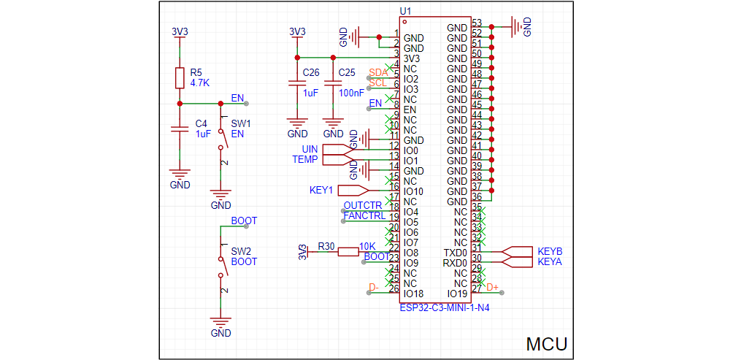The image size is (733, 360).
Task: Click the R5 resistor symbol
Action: pos(180,78)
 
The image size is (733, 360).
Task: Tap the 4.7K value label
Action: pos(200,83)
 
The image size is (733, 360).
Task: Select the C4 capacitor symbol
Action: pos(180,129)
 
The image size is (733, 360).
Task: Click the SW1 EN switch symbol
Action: pos(221,139)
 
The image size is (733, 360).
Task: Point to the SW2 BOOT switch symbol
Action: pos(221,267)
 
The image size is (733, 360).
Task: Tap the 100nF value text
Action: pos(352,93)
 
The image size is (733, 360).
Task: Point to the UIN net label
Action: pos(310,150)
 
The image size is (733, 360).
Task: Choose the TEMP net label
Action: pos(305,159)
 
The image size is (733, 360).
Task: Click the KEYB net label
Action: pos(550,251)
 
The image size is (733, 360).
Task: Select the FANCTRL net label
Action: pos(364,215)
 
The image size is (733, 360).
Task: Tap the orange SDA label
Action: pos(378,72)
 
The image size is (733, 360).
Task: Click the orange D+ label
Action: pos(493,287)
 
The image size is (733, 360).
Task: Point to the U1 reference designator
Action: pos(405,11)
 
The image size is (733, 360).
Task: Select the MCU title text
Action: pos(547,344)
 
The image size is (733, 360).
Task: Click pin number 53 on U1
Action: pos(477,23)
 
